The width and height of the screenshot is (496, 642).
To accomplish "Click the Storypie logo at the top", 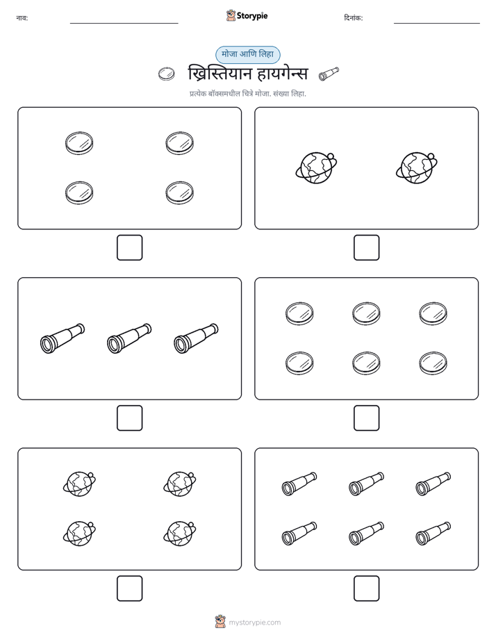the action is [247, 16].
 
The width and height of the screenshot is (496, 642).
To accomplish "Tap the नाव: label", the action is [22, 18].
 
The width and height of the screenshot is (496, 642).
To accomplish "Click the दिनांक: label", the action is [353, 18].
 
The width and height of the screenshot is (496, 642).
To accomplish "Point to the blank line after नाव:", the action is [124, 24].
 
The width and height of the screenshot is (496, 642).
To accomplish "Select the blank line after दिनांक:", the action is [437, 24].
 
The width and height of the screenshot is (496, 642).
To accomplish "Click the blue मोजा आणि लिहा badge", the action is [247, 54].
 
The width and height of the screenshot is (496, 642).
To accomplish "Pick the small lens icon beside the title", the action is [166, 74].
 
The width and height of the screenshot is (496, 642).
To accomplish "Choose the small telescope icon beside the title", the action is [329, 74].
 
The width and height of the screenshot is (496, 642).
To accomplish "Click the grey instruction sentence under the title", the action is [247, 94].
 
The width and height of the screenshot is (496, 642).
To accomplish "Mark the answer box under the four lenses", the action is [130, 248].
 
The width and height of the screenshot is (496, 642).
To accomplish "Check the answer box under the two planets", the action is [366, 248].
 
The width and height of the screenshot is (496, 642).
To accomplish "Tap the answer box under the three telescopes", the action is [130, 418].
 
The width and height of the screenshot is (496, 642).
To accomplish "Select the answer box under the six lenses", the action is [366, 418].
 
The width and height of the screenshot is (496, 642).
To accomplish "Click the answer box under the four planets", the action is [130, 588].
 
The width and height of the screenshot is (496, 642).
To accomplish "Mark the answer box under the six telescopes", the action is [366, 588].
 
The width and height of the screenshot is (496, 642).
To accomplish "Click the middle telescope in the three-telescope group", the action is [129, 338].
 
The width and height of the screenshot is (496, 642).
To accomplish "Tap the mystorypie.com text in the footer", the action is [254, 623].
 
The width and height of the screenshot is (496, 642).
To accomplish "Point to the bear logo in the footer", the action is [220, 622].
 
